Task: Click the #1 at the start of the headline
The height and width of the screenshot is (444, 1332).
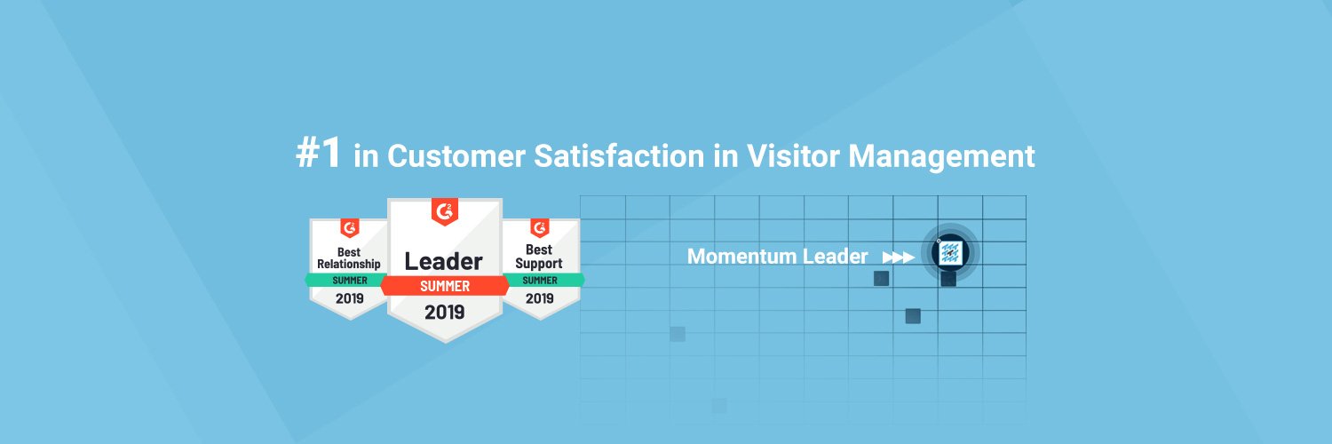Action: tap(318, 155)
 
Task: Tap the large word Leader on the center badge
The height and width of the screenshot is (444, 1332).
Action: tap(443, 261)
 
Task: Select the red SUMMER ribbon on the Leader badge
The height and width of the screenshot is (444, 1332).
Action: tap(444, 286)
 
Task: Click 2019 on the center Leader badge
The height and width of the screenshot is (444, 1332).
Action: tap(444, 312)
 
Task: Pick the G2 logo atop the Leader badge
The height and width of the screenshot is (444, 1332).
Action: tap(444, 212)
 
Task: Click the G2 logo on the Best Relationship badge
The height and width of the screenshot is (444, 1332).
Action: tap(349, 227)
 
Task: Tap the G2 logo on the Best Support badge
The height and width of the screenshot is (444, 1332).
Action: tap(539, 227)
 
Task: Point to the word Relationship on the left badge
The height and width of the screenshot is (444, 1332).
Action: tap(349, 264)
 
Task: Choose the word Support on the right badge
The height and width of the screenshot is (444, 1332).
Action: tap(539, 264)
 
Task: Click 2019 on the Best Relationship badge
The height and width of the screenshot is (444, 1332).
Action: tap(349, 298)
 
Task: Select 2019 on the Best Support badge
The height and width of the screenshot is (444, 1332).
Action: tap(539, 298)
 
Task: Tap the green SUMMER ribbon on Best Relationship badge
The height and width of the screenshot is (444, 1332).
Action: tap(349, 280)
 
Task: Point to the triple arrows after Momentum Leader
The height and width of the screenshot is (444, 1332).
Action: tap(898, 258)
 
